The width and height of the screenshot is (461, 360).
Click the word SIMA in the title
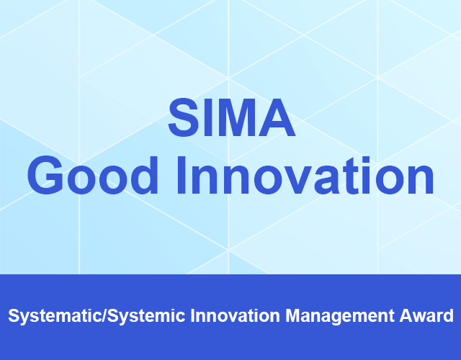232,118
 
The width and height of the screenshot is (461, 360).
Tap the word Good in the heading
93,175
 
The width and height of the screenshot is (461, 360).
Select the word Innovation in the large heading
305,175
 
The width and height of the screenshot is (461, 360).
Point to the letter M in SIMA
237,118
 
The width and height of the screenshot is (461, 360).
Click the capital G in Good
45,175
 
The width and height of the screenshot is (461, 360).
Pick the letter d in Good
145,175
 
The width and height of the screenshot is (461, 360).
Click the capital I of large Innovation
181,176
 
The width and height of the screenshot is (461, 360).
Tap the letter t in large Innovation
351,176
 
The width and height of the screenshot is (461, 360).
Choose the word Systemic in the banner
146,316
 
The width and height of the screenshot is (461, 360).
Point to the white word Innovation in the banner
236,315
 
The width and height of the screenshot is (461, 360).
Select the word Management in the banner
340,316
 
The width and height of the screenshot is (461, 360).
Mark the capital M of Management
292,315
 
